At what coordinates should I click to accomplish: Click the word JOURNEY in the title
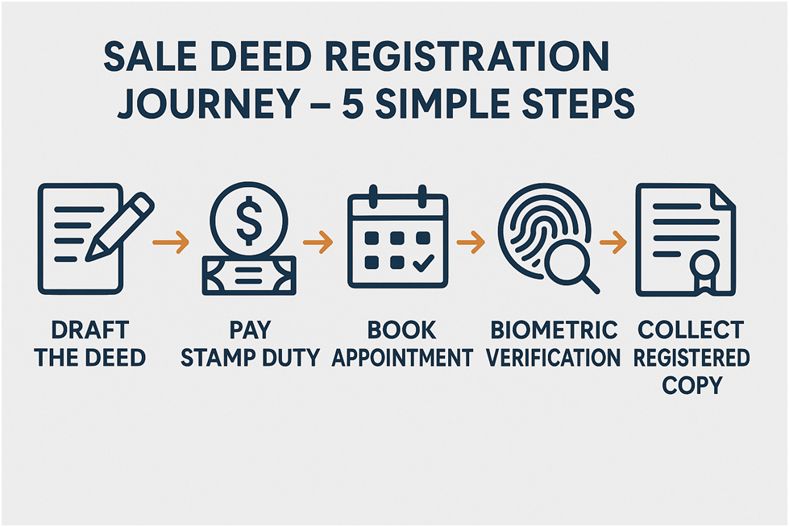208,104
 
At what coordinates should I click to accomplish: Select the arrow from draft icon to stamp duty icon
172,240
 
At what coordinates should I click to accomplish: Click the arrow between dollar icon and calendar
317,240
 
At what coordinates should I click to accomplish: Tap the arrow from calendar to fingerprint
470,240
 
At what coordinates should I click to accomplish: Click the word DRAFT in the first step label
89,330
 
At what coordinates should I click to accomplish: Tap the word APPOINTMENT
402,358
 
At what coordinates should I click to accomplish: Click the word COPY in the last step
691,385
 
